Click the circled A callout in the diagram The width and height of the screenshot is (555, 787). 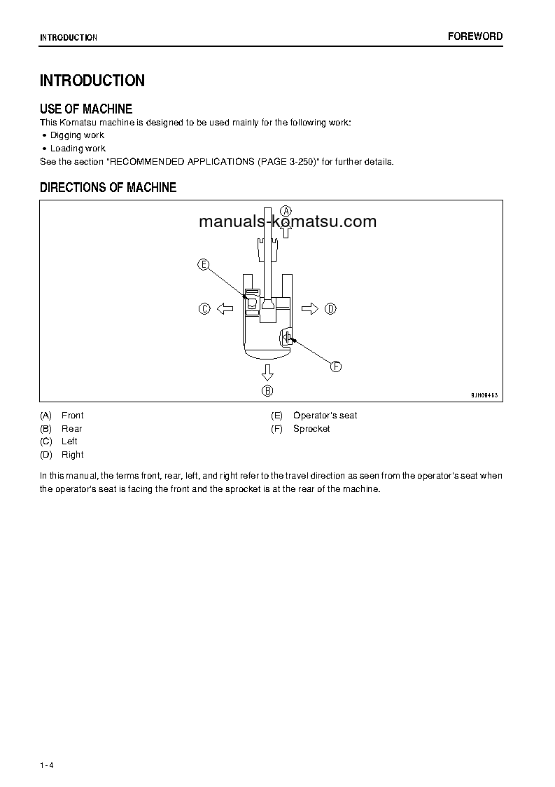[286, 210]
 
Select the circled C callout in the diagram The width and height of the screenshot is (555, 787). [204, 308]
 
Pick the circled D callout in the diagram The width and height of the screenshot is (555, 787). [330, 308]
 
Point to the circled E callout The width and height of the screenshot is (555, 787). [203, 264]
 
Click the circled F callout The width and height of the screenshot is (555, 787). [335, 366]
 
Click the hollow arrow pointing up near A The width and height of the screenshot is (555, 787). [286, 229]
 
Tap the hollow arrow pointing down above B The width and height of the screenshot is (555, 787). [267, 371]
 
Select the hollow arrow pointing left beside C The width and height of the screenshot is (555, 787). [225, 308]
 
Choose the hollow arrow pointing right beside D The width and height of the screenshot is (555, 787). [310, 308]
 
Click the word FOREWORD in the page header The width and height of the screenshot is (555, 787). [475, 36]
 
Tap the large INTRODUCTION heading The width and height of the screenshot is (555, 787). [92, 81]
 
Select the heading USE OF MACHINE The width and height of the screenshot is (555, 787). [86, 109]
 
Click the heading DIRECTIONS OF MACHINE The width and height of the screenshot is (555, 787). [108, 187]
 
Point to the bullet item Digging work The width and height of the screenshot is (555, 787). [77, 135]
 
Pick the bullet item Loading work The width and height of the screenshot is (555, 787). [78, 149]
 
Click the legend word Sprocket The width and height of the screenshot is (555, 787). [311, 429]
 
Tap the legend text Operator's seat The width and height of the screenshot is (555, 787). [325, 416]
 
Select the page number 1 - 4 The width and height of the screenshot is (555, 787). [47, 765]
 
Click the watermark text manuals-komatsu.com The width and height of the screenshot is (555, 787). [288, 221]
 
